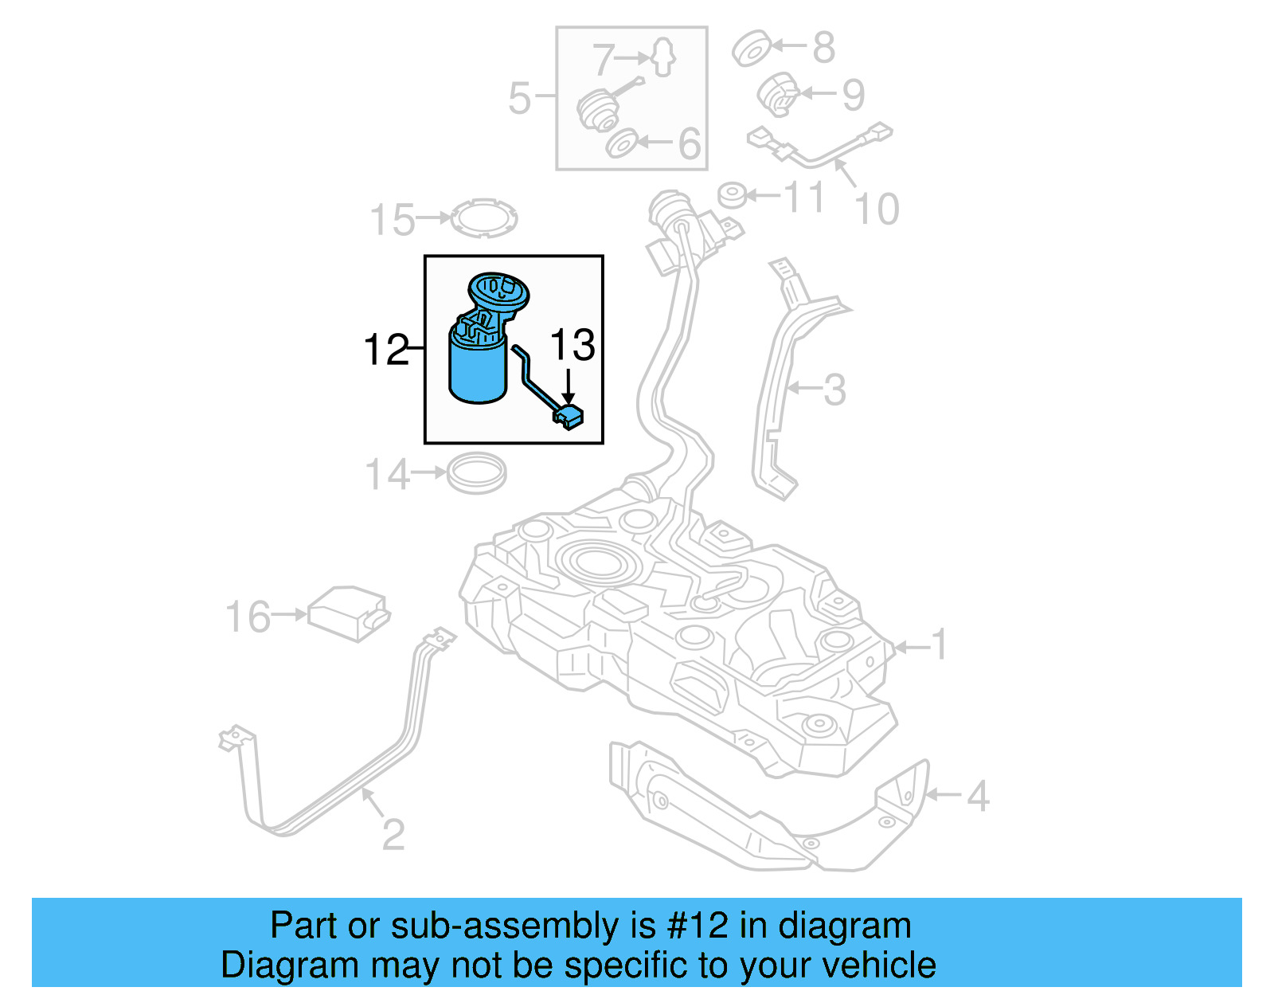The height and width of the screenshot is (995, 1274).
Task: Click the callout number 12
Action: tap(386, 351)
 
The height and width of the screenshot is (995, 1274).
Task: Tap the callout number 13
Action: tap(573, 346)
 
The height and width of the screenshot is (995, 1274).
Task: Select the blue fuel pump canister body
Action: tap(478, 370)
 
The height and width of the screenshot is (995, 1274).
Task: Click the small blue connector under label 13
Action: tap(569, 417)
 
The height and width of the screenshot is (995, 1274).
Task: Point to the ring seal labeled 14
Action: tap(476, 473)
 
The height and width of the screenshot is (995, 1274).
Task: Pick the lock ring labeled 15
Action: tap(484, 217)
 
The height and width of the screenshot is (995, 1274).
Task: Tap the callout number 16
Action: tap(248, 617)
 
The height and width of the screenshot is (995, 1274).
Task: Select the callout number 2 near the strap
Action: tap(393, 835)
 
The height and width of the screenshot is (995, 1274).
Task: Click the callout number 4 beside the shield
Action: tap(978, 796)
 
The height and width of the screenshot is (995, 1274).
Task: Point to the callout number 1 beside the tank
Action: tap(940, 644)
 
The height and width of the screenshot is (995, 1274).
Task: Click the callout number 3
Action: tap(834, 390)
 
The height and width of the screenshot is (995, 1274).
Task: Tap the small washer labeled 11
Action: tap(732, 195)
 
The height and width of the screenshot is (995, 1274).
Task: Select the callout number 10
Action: tap(877, 210)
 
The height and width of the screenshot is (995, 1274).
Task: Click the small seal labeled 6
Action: tap(621, 143)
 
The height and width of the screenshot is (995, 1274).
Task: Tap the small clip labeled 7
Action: tap(663, 57)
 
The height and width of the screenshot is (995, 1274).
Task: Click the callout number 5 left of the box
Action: tap(519, 98)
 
